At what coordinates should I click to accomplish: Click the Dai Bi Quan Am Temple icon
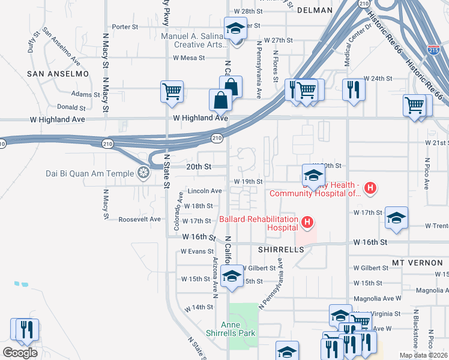point(143,174)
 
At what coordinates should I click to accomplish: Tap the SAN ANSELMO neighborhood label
point(58,73)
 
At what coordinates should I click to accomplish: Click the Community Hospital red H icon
point(370,188)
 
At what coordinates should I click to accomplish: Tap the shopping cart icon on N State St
point(171,91)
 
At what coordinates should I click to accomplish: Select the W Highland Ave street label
point(200,118)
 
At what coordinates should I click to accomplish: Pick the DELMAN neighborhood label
point(314,10)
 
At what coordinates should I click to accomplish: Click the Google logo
point(20,352)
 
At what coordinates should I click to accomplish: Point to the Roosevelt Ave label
point(139,219)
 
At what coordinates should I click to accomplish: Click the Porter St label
point(125,26)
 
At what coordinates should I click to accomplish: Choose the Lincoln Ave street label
point(205,191)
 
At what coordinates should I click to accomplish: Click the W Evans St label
point(197,251)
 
